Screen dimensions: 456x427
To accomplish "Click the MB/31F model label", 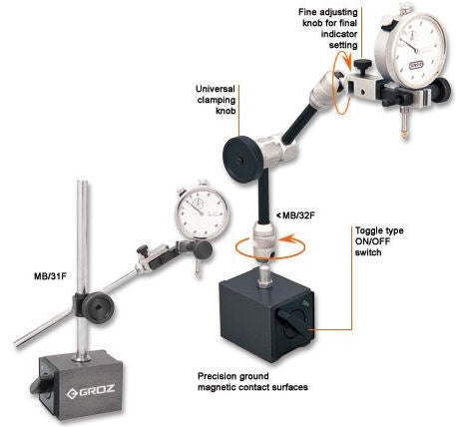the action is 50,276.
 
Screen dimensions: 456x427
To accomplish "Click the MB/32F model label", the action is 295,215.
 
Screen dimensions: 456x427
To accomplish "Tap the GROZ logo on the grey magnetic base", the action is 91,392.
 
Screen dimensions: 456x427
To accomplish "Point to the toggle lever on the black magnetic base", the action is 291,322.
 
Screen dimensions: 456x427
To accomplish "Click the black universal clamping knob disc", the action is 240,161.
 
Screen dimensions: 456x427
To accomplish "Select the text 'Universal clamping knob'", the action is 216,100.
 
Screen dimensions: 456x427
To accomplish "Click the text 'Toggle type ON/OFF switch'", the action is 379,241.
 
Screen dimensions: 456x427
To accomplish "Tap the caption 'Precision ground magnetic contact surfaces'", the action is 252,382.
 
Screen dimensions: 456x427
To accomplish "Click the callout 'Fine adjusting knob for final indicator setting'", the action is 328,28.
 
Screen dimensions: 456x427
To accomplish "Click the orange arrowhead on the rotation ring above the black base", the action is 288,239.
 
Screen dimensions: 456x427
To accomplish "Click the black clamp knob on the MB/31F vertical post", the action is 98,307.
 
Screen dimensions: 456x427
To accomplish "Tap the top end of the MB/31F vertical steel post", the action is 83,182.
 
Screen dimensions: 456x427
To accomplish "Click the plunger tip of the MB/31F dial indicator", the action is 198,275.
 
